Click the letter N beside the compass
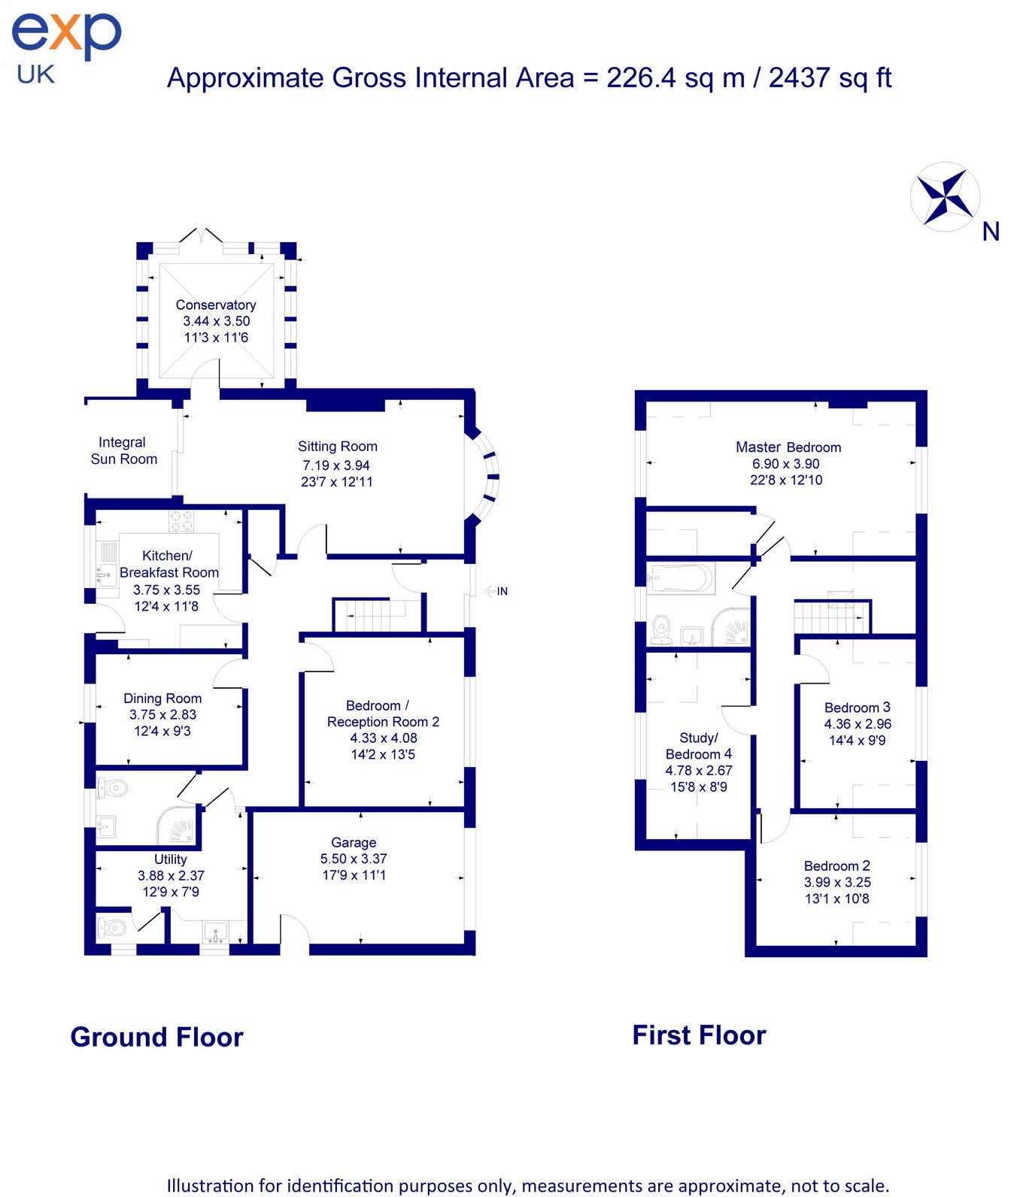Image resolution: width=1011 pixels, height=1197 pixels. tap(991, 232)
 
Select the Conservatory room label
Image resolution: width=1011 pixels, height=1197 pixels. tap(216, 305)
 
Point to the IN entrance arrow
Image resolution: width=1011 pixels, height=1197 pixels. tap(496, 591)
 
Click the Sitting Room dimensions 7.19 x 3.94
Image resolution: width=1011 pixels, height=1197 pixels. tap(336, 465)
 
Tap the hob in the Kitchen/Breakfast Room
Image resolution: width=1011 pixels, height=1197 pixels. tap(181, 521)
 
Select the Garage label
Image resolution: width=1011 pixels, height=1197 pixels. tap(354, 842)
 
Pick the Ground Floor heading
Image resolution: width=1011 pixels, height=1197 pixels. tap(156, 1037)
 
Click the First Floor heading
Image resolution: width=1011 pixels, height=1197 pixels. tap(699, 1035)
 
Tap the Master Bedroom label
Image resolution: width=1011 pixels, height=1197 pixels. tap(788, 447)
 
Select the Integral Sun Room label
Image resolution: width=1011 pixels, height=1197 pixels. tap(123, 450)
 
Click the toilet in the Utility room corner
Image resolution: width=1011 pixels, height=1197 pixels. tap(111, 928)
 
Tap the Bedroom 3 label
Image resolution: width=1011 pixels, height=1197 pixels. tap(857, 708)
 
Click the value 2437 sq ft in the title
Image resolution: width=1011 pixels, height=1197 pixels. tap(830, 77)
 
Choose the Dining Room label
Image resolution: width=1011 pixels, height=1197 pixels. tap(162, 699)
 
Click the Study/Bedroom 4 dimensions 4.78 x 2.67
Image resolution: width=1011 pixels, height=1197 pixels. tap(698, 770)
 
